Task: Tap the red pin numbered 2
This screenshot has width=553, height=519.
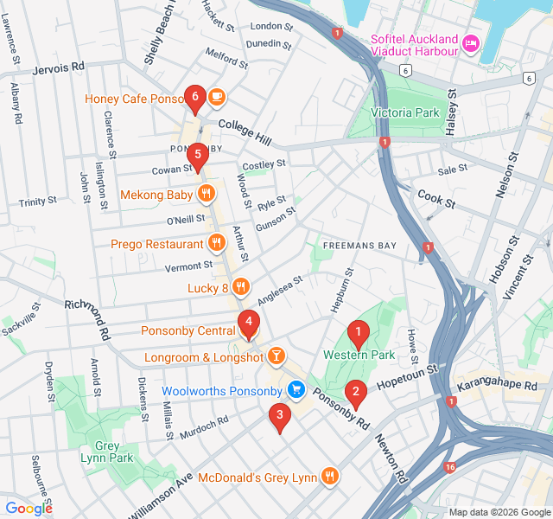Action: [x=354, y=393]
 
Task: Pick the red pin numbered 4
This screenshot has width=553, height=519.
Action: [x=249, y=324]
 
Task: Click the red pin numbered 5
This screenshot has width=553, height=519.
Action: [x=198, y=157]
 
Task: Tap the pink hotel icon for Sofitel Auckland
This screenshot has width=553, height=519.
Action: [x=471, y=43]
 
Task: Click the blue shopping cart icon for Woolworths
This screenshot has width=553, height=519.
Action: [x=296, y=391]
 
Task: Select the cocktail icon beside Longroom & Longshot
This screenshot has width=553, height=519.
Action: [x=276, y=355]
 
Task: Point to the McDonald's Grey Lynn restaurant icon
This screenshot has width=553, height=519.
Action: [x=329, y=476]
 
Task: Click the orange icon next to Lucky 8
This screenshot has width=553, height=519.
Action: [x=241, y=287]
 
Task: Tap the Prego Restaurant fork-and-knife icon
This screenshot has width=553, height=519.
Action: [x=215, y=244]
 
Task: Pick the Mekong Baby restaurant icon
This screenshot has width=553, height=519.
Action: [x=206, y=194]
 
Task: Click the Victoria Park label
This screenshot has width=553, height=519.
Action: [x=404, y=112]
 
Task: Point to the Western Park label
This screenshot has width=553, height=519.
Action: [x=359, y=355]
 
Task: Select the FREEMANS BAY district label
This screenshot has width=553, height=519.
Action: [x=359, y=246]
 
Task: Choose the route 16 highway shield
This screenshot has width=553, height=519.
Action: [x=450, y=467]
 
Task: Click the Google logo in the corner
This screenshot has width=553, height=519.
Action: [x=29, y=509]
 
